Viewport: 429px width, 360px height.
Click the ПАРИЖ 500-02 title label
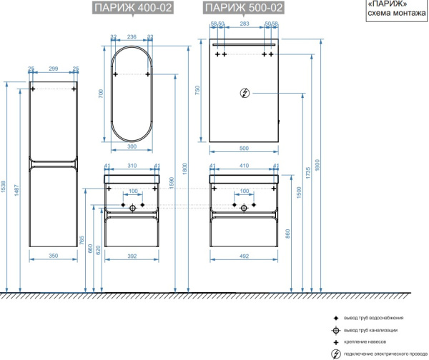(243, 9)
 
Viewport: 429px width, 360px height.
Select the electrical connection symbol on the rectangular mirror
(245, 93)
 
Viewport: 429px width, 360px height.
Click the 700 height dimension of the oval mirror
(102, 94)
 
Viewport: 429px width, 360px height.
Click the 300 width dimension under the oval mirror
(131, 146)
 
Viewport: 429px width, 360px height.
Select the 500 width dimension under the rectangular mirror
(245, 148)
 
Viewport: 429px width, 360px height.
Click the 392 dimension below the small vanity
(131, 254)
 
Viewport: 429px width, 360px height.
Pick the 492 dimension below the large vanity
(244, 254)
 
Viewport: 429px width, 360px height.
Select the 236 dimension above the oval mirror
(131, 37)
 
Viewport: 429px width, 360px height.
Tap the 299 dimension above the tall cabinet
(53, 69)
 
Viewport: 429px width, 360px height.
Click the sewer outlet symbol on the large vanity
(245, 208)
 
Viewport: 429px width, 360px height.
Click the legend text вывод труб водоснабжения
(374, 317)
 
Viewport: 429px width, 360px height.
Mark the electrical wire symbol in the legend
(335, 354)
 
